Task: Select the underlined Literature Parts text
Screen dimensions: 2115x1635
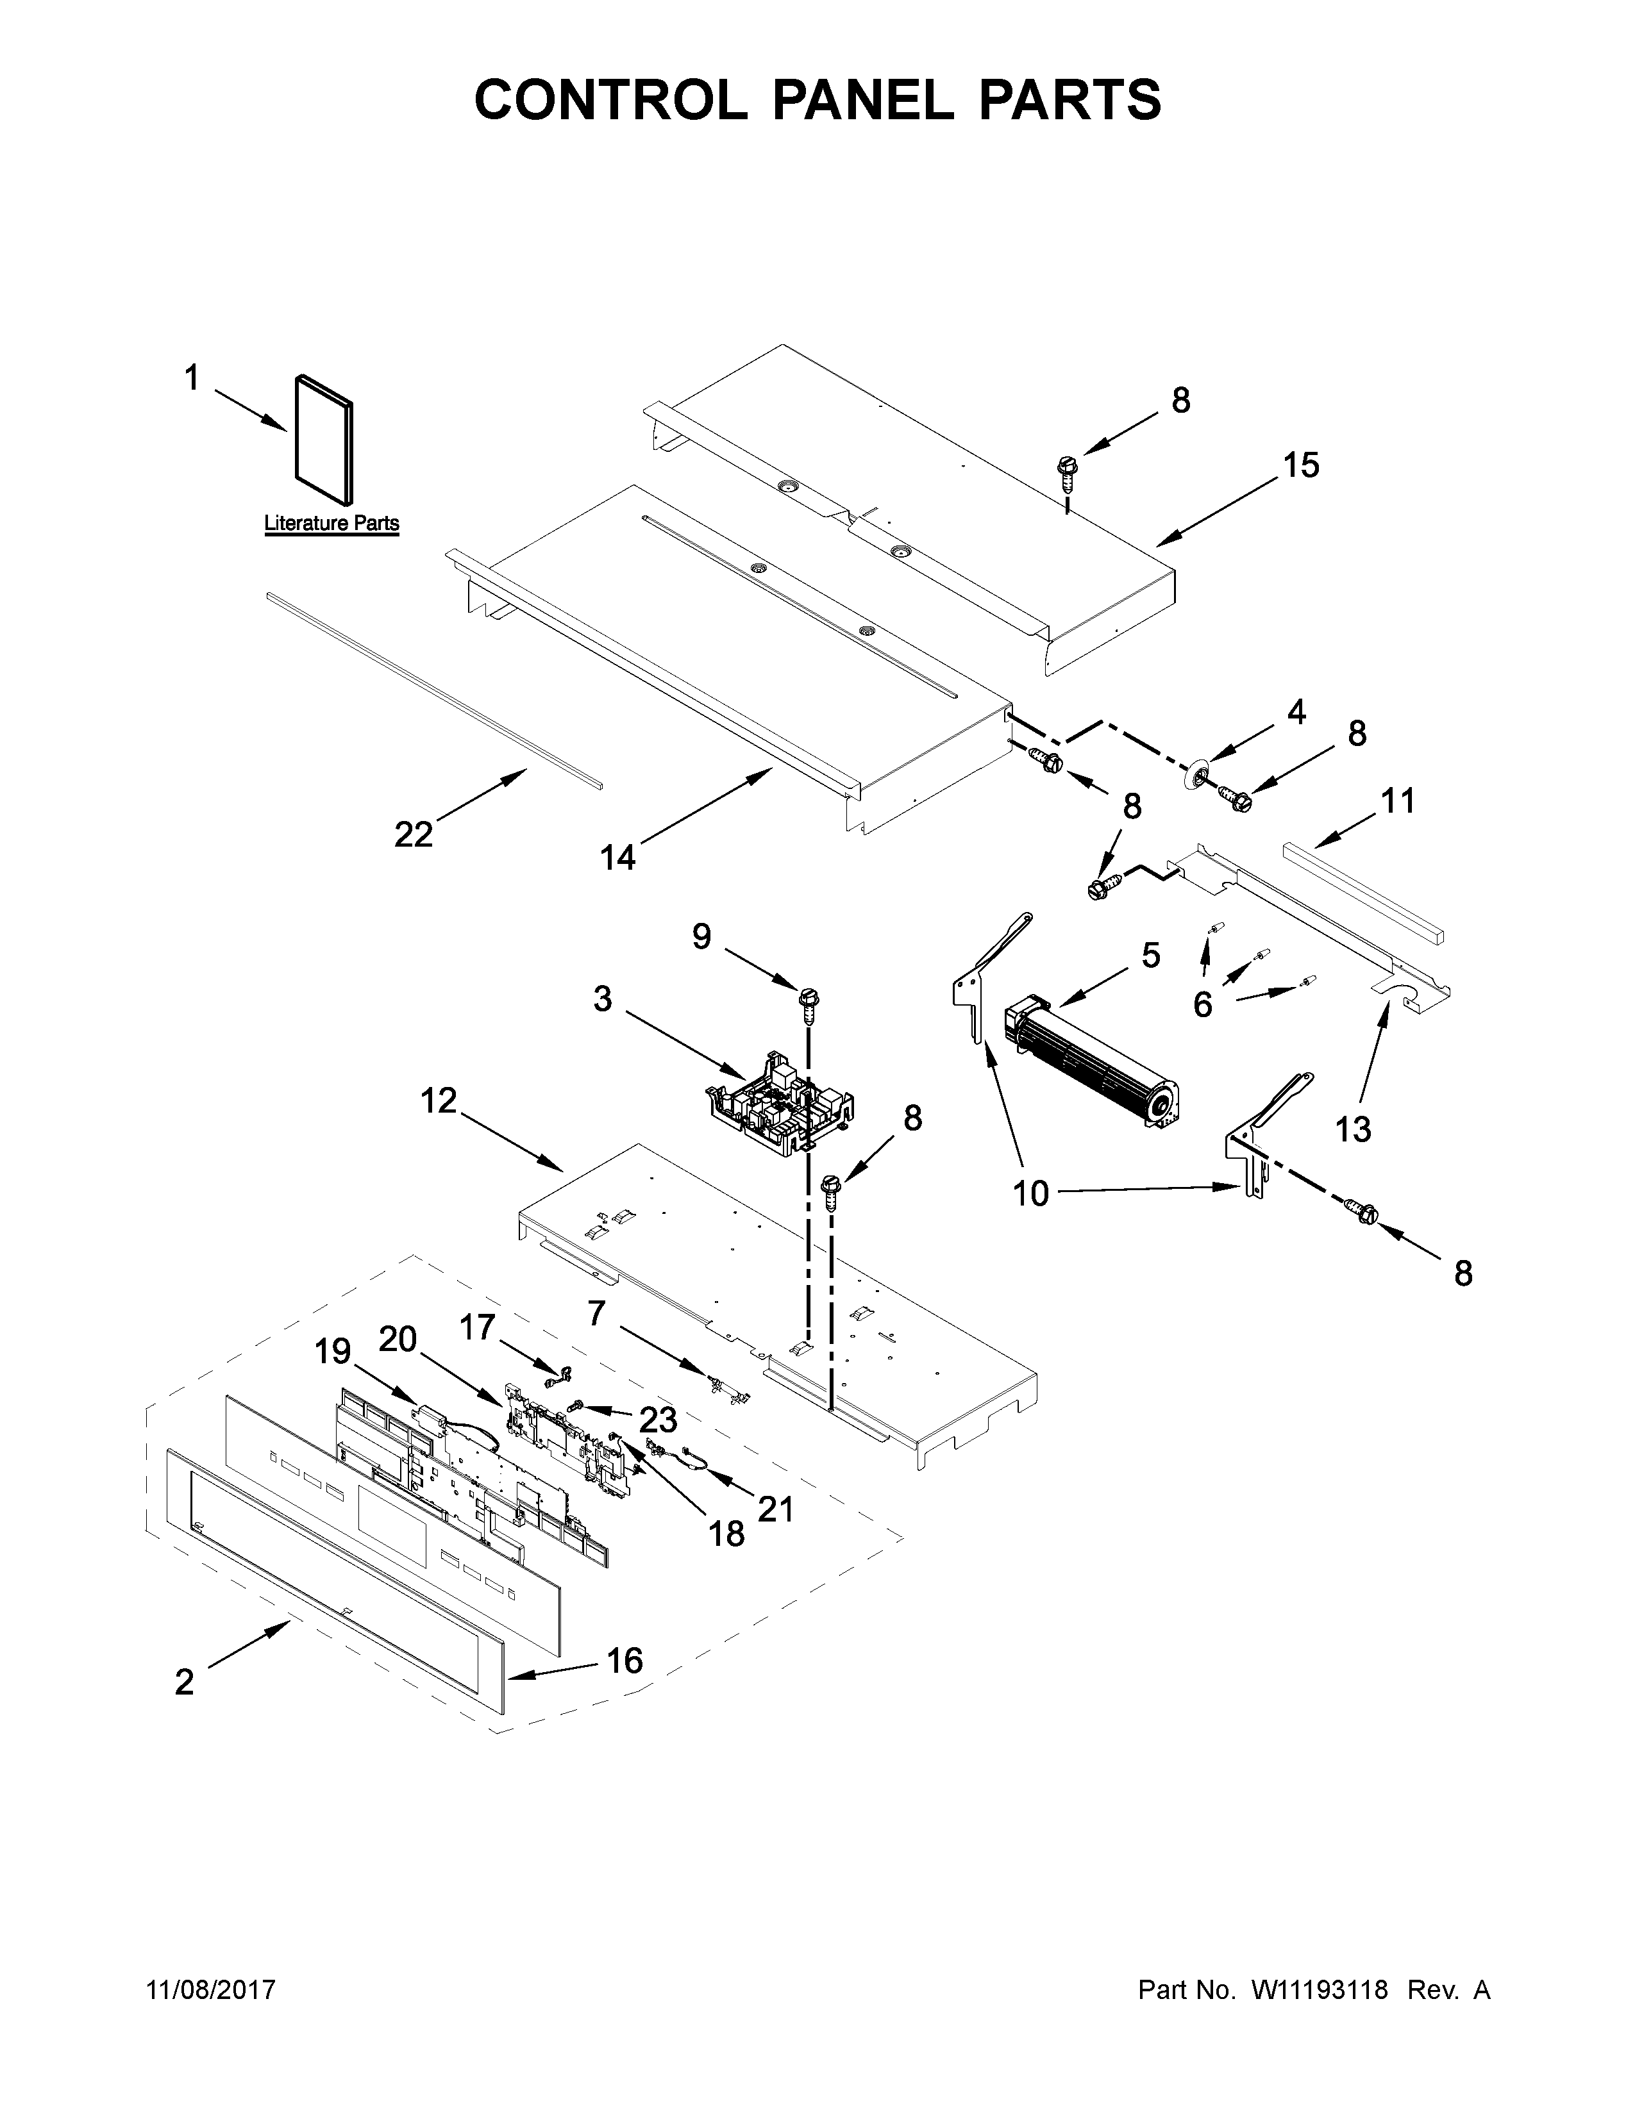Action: click(x=331, y=524)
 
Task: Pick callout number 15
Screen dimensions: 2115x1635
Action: click(x=1301, y=466)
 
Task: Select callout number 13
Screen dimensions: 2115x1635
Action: click(x=1353, y=1128)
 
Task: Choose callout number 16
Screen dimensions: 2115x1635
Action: click(x=625, y=1660)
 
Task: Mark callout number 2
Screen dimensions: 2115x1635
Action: click(x=184, y=1682)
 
